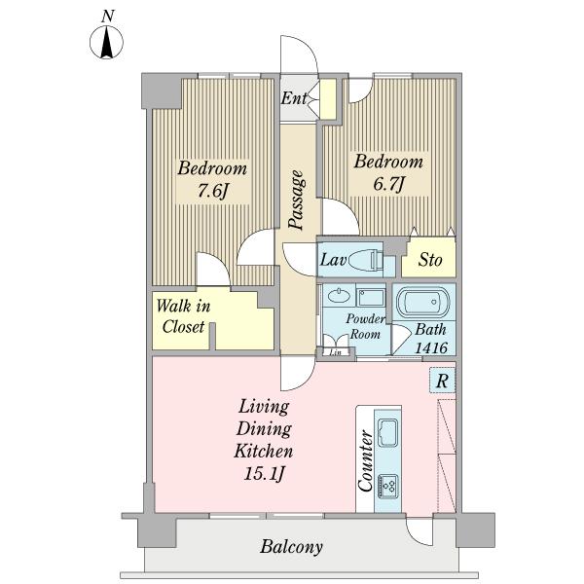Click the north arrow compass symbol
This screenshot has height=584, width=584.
[106, 42]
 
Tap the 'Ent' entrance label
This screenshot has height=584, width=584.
[294, 98]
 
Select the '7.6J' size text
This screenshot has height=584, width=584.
[212, 191]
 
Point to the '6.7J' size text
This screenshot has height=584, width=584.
[388, 184]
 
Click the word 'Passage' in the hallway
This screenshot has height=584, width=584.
[297, 200]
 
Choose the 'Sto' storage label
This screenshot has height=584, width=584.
[430, 260]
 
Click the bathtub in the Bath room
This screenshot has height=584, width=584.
[422, 300]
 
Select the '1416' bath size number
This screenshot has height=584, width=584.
[431, 347]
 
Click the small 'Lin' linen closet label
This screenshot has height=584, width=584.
[336, 352]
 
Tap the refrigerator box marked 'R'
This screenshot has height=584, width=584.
[442, 381]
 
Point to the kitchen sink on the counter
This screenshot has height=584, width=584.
[387, 432]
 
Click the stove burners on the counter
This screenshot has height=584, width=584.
[388, 487]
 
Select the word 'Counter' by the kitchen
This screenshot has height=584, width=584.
[365, 461]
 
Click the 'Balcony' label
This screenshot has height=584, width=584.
[291, 547]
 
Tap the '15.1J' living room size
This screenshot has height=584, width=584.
[265, 474]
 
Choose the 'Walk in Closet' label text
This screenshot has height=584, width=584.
[183, 316]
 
